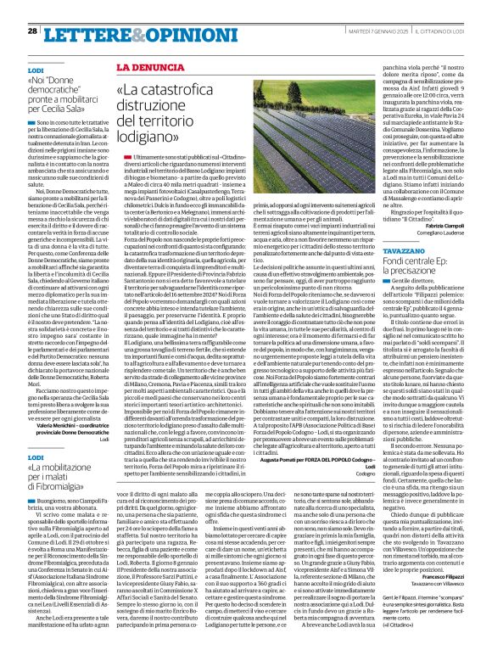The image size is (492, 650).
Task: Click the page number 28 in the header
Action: click(x=32, y=31)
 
